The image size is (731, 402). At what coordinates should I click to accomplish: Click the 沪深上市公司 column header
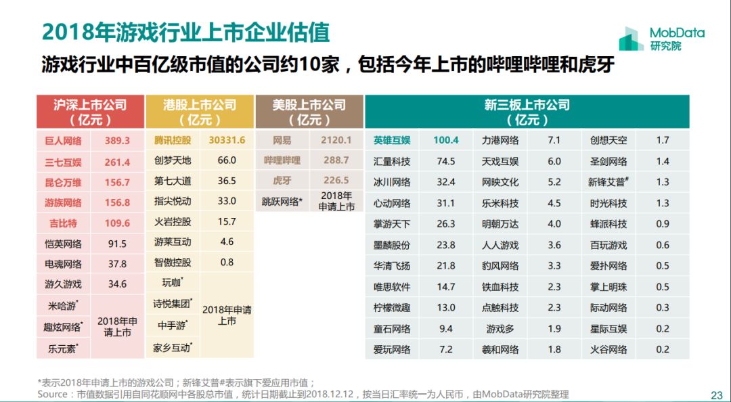tap(90, 112)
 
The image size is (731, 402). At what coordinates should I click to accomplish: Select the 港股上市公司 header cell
tap(200, 112)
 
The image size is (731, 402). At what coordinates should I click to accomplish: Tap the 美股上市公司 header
tap(309, 112)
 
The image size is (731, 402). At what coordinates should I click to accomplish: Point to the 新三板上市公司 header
tap(527, 112)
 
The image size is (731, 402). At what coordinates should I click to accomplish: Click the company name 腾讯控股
tap(173, 140)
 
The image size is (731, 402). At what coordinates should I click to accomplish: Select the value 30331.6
tap(227, 140)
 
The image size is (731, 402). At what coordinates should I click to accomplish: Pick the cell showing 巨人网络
tap(63, 141)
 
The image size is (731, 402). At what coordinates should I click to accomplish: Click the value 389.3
tap(117, 141)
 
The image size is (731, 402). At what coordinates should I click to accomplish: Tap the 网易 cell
tap(282, 140)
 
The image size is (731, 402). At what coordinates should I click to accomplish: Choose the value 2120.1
tap(336, 140)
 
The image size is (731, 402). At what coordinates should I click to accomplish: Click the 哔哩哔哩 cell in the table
tap(282, 160)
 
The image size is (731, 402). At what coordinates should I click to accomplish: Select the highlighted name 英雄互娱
tap(392, 141)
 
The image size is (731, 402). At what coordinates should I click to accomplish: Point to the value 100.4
tap(446, 141)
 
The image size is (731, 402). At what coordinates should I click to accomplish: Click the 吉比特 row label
tap(63, 223)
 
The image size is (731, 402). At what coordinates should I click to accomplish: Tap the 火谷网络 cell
tap(608, 350)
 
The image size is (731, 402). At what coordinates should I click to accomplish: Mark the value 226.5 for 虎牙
tap(336, 181)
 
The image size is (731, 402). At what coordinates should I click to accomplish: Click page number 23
tap(716, 395)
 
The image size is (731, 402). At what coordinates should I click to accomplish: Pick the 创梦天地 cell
tap(173, 160)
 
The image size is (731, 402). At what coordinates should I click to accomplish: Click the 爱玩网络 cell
tap(392, 350)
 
